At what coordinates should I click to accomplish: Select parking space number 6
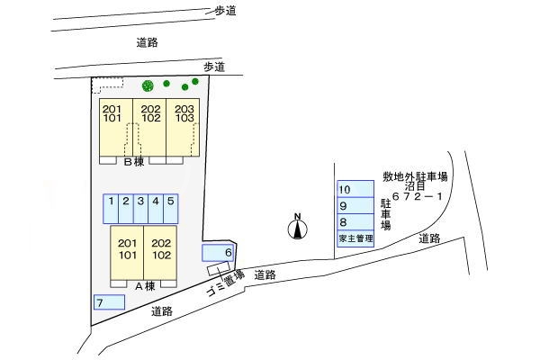click(219, 253)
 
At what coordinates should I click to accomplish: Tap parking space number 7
click(109, 302)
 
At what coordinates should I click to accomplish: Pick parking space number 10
click(355, 190)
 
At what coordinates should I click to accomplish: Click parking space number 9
click(355, 206)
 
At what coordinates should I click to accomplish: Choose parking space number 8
click(355, 222)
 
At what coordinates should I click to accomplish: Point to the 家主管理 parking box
click(355, 238)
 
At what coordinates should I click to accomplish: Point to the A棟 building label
click(145, 285)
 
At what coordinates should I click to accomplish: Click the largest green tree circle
click(148, 85)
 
